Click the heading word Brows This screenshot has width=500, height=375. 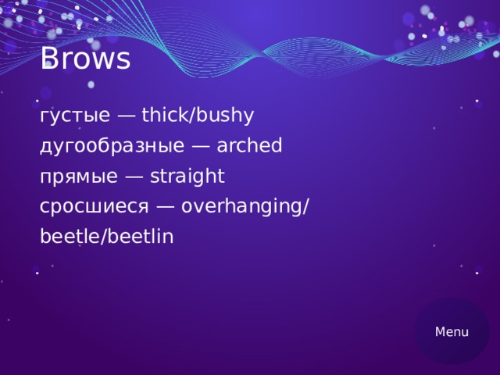pyautogui.click(x=84, y=59)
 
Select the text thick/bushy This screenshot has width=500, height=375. pyautogui.click(x=198, y=116)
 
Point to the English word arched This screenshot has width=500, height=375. pyautogui.click(x=249, y=146)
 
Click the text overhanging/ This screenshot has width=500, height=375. pyautogui.click(x=245, y=207)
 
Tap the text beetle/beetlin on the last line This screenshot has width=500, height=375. pyautogui.click(x=106, y=236)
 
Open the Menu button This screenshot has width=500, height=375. pyautogui.click(x=452, y=331)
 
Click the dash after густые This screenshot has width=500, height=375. pyautogui.click(x=126, y=117)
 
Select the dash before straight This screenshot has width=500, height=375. pyautogui.click(x=133, y=177)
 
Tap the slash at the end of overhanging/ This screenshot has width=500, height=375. pyautogui.click(x=306, y=207)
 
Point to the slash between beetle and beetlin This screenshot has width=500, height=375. pyautogui.click(x=98, y=236)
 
